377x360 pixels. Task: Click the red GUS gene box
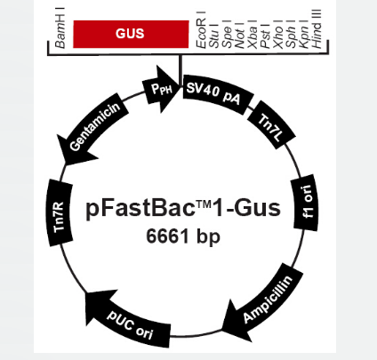coord(131,34)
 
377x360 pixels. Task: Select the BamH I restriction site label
coord(60,28)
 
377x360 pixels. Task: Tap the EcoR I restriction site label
coord(201,29)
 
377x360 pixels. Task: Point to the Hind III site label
coord(317,28)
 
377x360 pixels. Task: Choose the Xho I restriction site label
coord(278,35)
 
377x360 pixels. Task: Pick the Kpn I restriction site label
coord(304,35)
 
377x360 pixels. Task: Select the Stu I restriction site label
coord(213,36)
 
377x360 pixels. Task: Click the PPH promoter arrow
coord(161,89)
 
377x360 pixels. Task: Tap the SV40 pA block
coord(218,94)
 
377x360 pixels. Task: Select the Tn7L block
coord(271,124)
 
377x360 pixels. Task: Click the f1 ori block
coord(306,204)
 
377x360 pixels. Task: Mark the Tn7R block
coord(60,213)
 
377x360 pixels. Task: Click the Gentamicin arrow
coord(92,129)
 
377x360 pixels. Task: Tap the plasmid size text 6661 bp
coord(183,236)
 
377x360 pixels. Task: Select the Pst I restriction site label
coord(265,36)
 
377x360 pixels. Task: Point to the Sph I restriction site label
coord(291,35)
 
